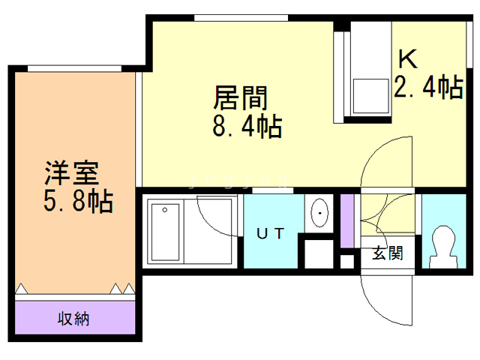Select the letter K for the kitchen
[407, 58]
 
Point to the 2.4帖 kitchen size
[427, 88]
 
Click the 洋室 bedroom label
[72, 174]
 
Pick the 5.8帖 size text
[76, 201]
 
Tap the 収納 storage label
[74, 318]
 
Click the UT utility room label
[271, 233]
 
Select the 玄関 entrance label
[388, 253]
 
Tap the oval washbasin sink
[320, 213]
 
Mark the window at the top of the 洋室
[75, 68]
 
